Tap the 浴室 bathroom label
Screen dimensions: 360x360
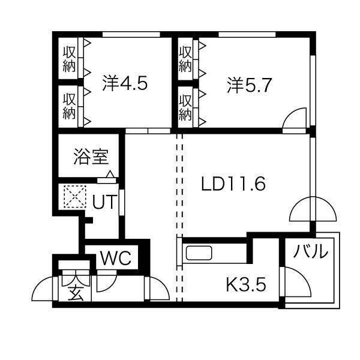click(91, 157)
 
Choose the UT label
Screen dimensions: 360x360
click(103, 202)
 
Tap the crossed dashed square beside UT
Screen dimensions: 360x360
click(75, 196)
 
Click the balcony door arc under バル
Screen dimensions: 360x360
click(295, 281)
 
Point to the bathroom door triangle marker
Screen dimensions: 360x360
click(109, 175)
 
